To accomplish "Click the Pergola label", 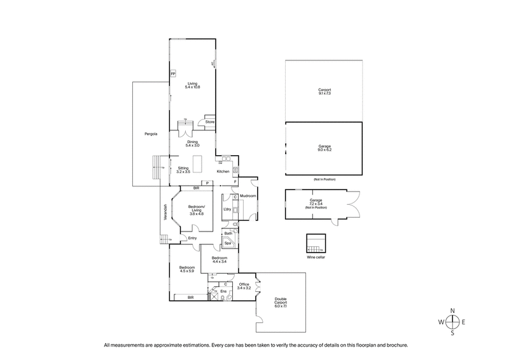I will [150, 134].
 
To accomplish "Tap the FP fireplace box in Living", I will [172, 74].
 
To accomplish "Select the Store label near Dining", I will [210, 121].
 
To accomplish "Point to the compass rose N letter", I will [452, 310].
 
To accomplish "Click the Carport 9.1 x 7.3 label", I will [324, 92].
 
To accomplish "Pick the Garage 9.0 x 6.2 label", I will [324, 148].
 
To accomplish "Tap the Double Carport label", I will [281, 303].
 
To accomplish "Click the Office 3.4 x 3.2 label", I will [244, 286].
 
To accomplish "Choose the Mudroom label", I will [248, 196].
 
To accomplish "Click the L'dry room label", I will [227, 209].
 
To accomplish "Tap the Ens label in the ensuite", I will [223, 291].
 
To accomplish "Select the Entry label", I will [192, 239].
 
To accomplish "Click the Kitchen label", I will [223, 172].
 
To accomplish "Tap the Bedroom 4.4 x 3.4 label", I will [220, 260].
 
